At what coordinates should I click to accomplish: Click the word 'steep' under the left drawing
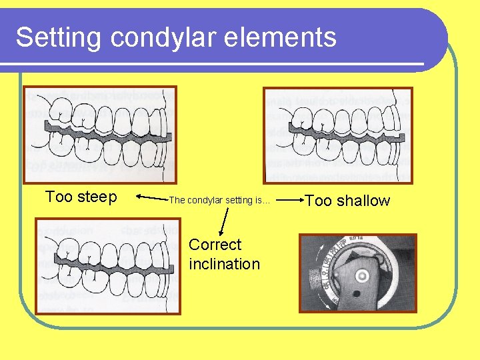point(97,197)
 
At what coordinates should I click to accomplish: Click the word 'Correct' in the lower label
point(215,245)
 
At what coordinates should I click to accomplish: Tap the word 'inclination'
point(225,264)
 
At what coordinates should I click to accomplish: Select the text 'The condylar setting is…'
point(219,200)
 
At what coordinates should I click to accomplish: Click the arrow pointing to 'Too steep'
point(151,197)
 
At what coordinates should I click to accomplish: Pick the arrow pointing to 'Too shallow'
point(288,199)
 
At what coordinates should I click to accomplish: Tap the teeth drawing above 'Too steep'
point(100,135)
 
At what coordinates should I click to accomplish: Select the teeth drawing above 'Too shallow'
point(338,135)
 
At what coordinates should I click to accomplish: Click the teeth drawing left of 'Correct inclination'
point(107,266)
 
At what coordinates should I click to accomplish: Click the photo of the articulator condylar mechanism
point(357,272)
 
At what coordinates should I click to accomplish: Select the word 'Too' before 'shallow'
point(317,201)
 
